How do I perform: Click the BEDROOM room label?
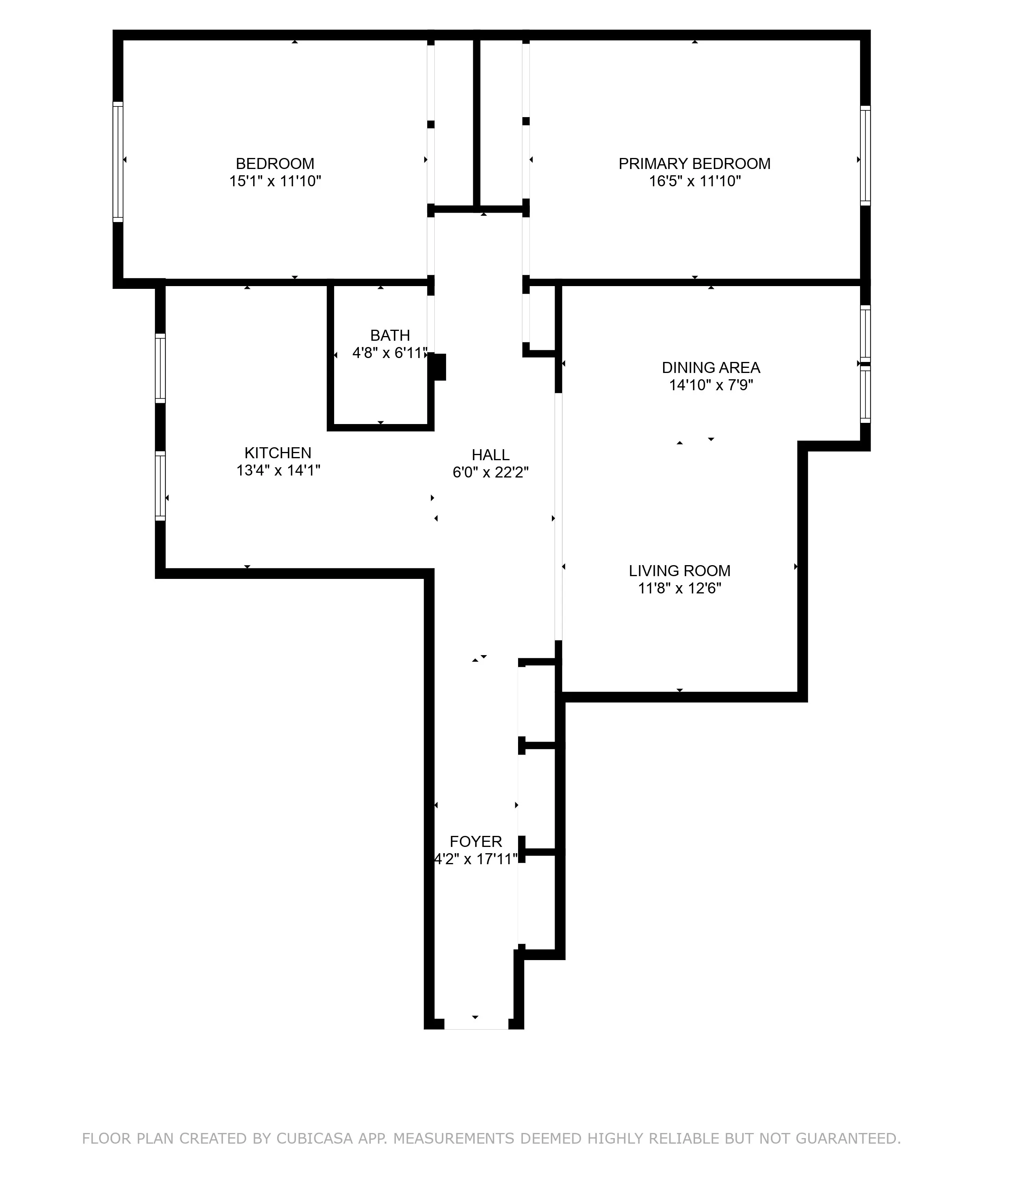[275, 164]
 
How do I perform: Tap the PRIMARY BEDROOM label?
[695, 164]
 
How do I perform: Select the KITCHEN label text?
[278, 453]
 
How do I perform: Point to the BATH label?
[390, 335]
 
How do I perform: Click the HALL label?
[490, 455]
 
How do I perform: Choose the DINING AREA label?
[711, 367]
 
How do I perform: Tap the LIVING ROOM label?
[680, 571]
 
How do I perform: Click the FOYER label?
[476, 842]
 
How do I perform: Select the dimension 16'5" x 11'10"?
[695, 182]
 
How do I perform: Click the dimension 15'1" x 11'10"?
[275, 182]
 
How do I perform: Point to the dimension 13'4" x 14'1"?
[278, 470]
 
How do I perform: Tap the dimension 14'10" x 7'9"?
[711, 385]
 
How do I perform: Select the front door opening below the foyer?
[476, 1024]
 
